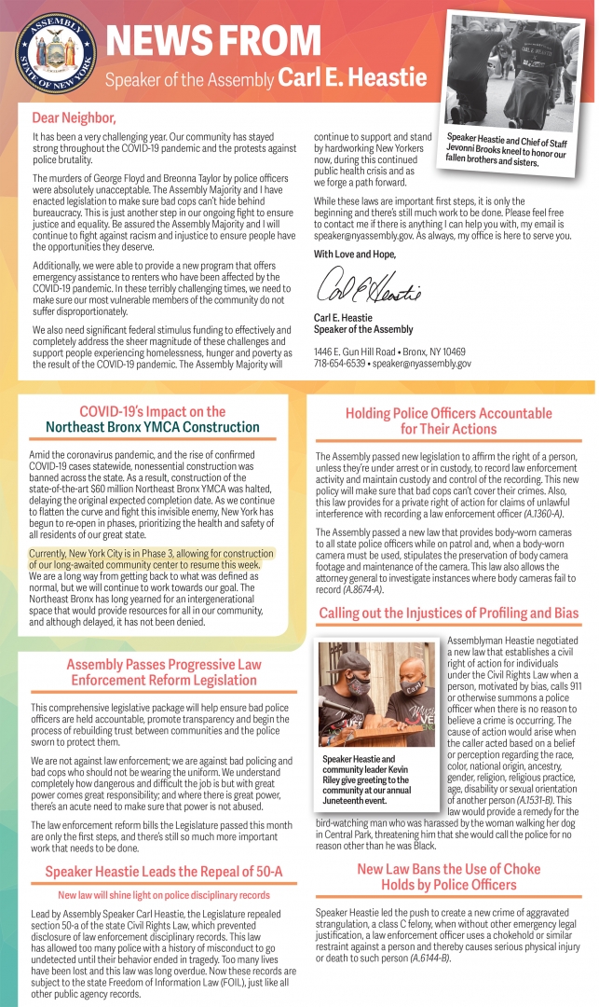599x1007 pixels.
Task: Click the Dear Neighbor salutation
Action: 74,117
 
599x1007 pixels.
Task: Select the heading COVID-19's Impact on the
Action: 152,411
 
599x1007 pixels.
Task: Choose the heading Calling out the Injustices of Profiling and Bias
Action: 448,614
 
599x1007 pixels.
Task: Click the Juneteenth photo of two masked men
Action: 375,693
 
